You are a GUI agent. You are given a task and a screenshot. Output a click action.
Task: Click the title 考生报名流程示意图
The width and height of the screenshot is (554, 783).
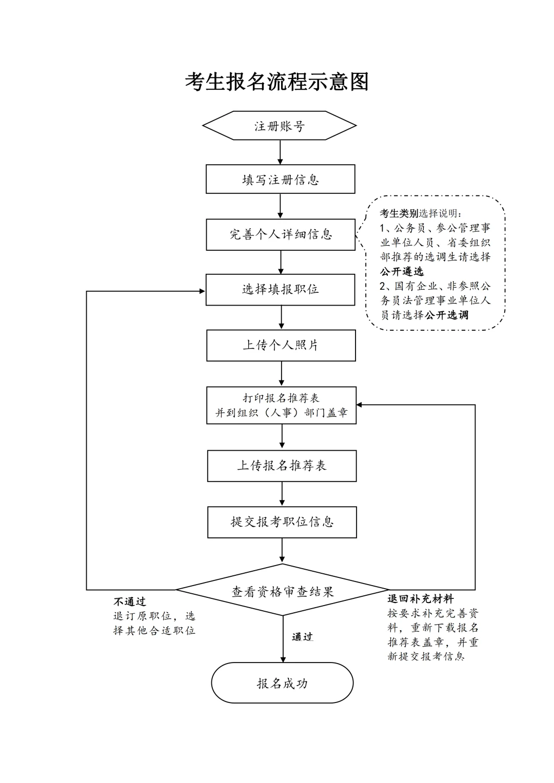(277, 82)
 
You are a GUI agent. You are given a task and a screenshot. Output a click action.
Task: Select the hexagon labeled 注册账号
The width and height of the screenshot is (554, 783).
(280, 126)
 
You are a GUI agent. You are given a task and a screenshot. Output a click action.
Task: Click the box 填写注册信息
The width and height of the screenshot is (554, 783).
(281, 179)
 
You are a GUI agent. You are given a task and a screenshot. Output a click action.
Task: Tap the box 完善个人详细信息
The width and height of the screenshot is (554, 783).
(281, 235)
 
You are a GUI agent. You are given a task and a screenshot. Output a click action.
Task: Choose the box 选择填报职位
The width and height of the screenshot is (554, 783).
(281, 290)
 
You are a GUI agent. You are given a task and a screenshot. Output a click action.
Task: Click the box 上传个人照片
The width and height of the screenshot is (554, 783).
(281, 345)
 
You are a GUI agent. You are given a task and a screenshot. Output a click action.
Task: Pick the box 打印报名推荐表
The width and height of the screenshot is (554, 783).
(281, 405)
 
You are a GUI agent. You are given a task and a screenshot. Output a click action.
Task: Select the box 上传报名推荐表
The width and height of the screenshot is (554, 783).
(282, 466)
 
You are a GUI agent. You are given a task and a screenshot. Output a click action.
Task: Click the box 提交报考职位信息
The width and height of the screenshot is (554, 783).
(282, 522)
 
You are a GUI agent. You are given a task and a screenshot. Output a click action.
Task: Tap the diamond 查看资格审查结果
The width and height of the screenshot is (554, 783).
(283, 591)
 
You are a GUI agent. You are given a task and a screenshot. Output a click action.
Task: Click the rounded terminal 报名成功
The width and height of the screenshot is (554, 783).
(283, 683)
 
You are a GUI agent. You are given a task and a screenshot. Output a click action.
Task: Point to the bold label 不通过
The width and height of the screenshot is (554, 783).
(130, 601)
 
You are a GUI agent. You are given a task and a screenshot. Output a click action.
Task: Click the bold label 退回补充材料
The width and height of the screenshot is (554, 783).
(421, 598)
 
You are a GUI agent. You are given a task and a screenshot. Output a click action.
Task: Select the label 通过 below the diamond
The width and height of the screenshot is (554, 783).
(302, 637)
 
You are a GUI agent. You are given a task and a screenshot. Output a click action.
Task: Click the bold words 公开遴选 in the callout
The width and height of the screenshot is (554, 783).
(402, 272)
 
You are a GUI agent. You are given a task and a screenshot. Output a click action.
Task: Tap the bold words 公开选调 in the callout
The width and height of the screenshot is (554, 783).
(446, 315)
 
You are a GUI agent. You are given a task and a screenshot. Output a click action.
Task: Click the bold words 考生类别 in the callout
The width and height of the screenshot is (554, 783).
(399, 214)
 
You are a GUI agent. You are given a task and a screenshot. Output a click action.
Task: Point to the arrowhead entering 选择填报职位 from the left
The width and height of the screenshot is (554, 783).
(202, 291)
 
